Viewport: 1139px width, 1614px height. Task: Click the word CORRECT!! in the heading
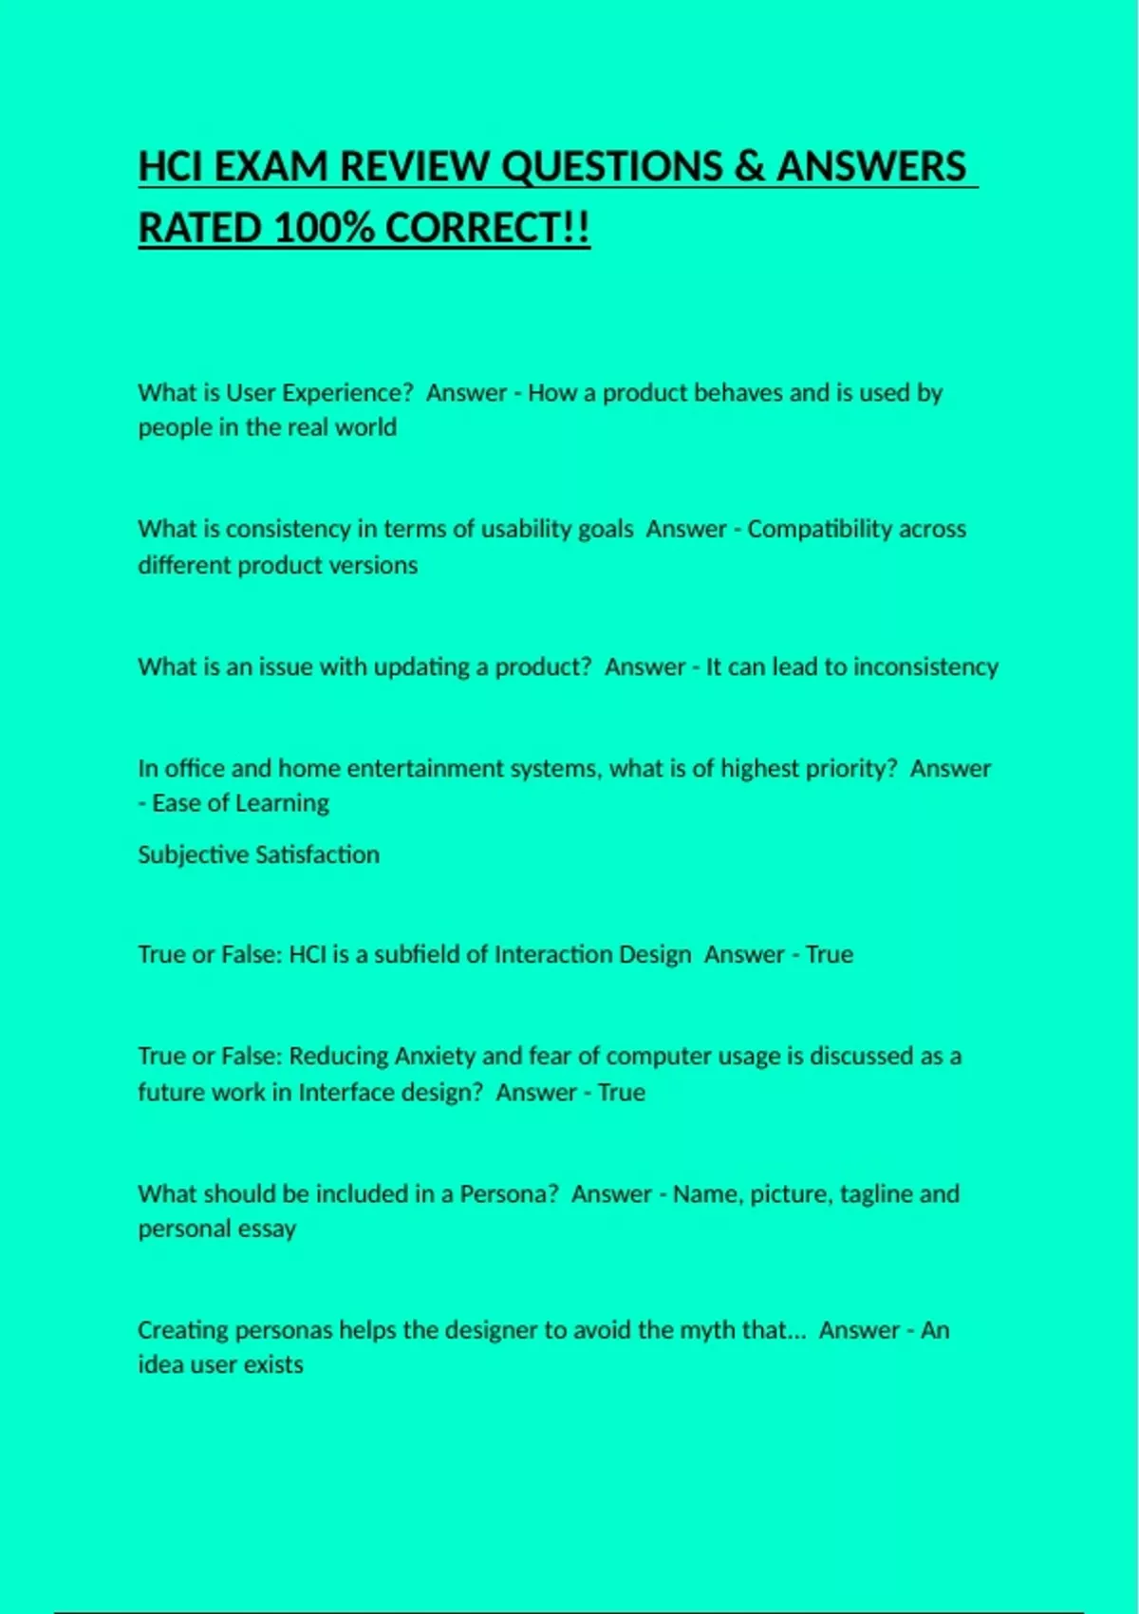pyautogui.click(x=488, y=229)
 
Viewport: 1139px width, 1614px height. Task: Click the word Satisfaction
pyautogui.click(x=317, y=854)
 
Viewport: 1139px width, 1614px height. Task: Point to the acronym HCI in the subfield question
pyautogui.click(x=307, y=954)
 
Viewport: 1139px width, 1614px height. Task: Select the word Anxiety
pyautogui.click(x=435, y=1056)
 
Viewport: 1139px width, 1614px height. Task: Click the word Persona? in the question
pyautogui.click(x=509, y=1193)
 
